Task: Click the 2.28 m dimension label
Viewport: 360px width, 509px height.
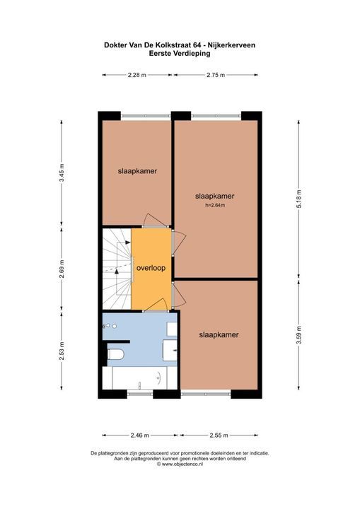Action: (137, 74)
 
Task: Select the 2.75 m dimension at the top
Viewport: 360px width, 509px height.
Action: (216, 74)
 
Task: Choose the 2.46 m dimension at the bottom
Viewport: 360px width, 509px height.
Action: (137, 435)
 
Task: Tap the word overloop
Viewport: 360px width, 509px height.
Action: (151, 269)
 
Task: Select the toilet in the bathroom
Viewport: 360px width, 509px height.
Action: (117, 353)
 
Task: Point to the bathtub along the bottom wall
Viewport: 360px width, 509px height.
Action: (139, 378)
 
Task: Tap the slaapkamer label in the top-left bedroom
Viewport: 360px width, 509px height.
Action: (137, 171)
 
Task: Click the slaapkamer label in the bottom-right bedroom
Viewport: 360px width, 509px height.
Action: (218, 335)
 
